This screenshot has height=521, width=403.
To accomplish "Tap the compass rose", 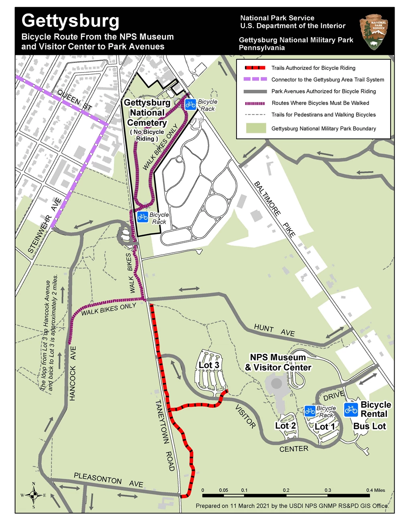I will pyautogui.click(x=34, y=495).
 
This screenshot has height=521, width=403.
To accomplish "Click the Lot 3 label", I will pyautogui.click(x=209, y=365).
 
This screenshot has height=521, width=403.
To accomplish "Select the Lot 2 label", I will pyautogui.click(x=286, y=425).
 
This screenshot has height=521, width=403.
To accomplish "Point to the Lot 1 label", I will pyautogui.click(x=325, y=426).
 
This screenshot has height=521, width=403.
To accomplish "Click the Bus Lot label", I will pyautogui.click(x=369, y=426).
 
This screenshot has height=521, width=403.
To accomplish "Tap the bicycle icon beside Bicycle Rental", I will pyautogui.click(x=351, y=409).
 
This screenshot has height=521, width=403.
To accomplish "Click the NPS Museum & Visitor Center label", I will pyautogui.click(x=278, y=362).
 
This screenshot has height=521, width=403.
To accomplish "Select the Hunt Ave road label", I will pyautogui.click(x=274, y=330).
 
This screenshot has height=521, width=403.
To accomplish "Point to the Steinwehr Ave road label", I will pyautogui.click(x=45, y=225).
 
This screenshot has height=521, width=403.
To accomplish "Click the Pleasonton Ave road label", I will pyautogui.click(x=108, y=480).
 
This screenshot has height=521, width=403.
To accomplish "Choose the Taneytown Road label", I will pyautogui.click(x=165, y=434).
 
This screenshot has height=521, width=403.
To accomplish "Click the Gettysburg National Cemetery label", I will pyautogui.click(x=147, y=113).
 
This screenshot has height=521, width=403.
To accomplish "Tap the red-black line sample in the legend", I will pyautogui.click(x=255, y=68).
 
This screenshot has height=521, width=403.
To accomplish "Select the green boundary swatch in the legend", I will pyautogui.click(x=256, y=128).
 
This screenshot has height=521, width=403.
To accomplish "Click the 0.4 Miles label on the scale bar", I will pyautogui.click(x=375, y=490).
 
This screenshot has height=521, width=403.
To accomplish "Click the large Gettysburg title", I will pyautogui.click(x=71, y=21).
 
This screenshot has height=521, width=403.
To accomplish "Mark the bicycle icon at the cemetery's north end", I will pyautogui.click(x=190, y=105).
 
